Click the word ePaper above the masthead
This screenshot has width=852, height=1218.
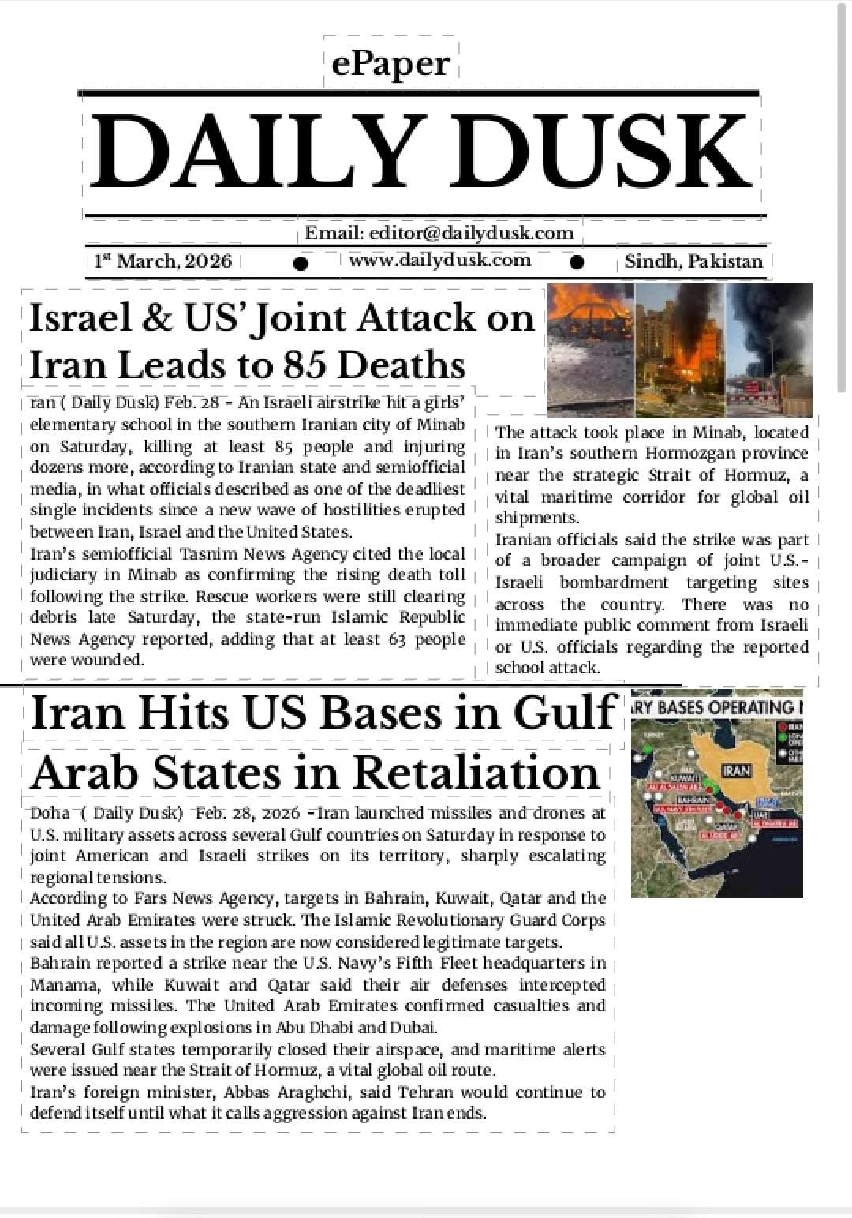[x=390, y=63]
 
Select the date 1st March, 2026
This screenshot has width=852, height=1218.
[x=163, y=261]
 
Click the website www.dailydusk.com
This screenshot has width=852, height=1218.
[x=439, y=260]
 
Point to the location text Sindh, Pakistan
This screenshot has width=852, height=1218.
[x=693, y=261]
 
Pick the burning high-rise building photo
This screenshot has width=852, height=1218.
[x=679, y=350]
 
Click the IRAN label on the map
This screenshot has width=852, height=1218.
[x=736, y=770]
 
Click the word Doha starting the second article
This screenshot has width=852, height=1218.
[x=50, y=813]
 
